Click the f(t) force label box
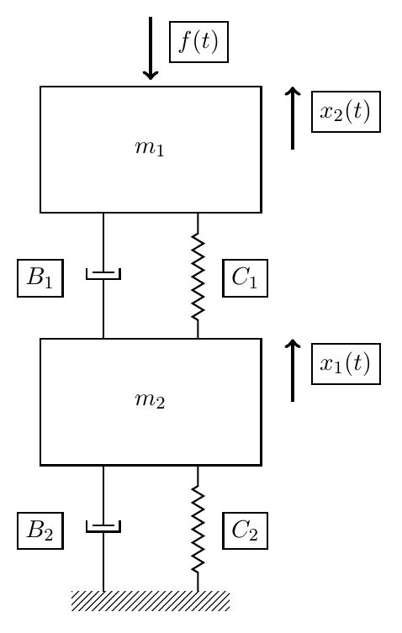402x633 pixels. pos(198,41)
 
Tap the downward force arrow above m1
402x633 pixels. pos(151,46)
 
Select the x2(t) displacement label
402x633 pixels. pos(346,112)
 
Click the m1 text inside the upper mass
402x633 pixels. pos(150,148)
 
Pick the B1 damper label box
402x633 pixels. pos(40,279)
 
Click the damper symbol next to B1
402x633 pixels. pos(103,274)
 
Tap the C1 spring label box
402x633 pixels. pos(245,279)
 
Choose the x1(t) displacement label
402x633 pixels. pos(346,364)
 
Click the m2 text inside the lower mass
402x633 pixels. pos(150,400)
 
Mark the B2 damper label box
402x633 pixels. pos(40,530)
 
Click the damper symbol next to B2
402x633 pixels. pos(103,526)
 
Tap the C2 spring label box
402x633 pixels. pos(245,530)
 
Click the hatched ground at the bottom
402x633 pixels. pos(150,601)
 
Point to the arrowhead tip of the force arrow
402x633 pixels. pos(151,77)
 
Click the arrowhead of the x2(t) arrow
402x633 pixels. pos(293,91)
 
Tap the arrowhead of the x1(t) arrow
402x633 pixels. pos(293,343)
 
